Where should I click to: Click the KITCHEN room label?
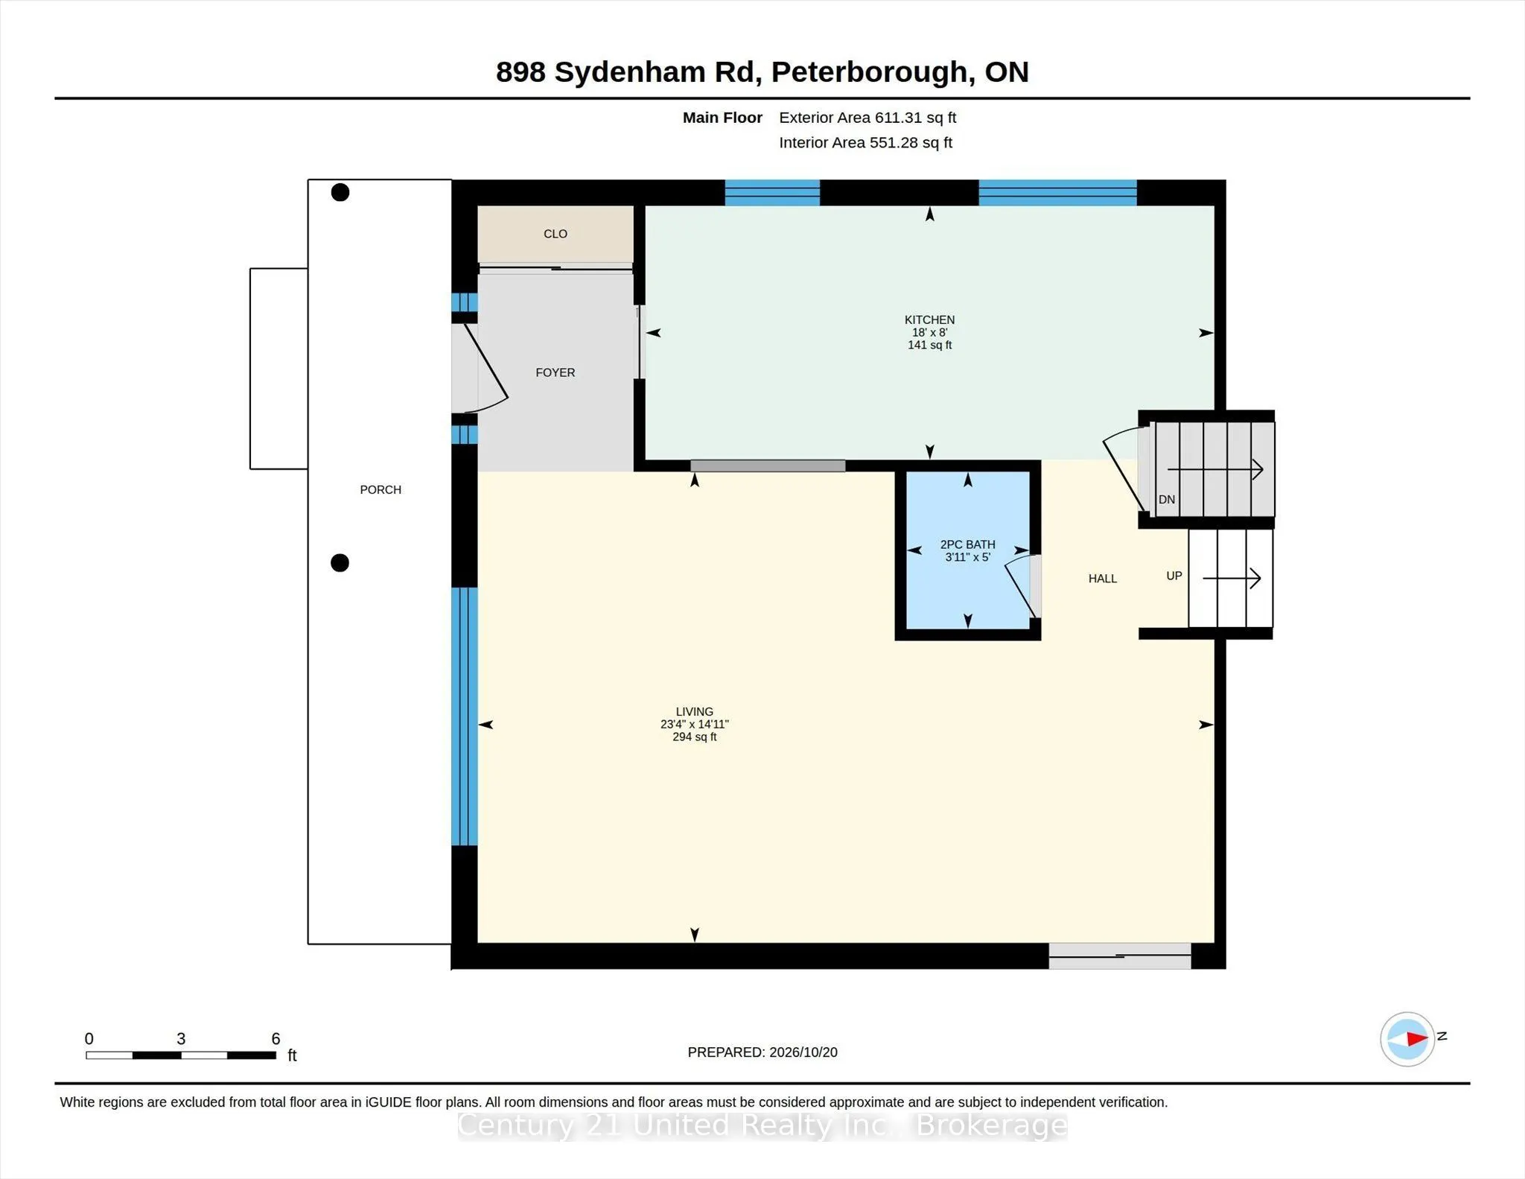pos(929,320)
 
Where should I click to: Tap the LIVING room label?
pos(694,711)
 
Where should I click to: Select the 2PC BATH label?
pos(967,544)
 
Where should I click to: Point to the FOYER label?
pos(555,372)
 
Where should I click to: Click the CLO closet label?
pos(555,234)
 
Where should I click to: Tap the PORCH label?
pos(381,489)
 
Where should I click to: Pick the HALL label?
pos(1102,579)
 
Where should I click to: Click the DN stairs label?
pos(1167,500)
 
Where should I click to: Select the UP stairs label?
pos(1174,576)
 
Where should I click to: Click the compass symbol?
pos(1407,1039)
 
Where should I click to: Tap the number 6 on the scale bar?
pos(276,1038)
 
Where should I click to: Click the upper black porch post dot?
pos(340,192)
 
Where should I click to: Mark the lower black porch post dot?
pos(340,563)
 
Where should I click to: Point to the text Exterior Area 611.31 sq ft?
pos(867,118)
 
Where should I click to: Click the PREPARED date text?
pos(762,1052)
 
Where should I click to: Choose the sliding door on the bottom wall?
pos(1120,956)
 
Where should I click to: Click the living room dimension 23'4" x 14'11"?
pos(694,724)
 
